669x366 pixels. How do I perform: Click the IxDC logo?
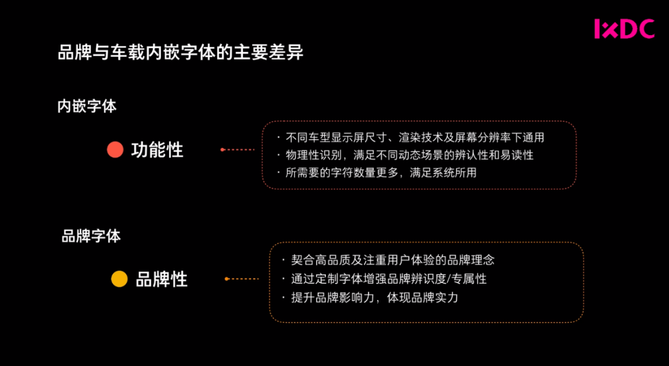(x=624, y=29)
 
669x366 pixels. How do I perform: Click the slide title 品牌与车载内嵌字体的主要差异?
(x=180, y=53)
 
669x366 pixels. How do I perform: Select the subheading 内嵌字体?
(x=87, y=106)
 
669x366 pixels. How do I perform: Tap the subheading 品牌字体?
(x=91, y=236)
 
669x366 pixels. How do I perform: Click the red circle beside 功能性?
(x=115, y=150)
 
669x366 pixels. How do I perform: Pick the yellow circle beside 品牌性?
(x=119, y=279)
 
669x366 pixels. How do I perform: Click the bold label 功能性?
(x=157, y=150)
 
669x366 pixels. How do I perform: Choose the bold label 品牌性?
(x=162, y=279)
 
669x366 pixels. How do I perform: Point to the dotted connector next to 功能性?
(x=238, y=149)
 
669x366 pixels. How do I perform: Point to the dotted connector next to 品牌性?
(x=242, y=279)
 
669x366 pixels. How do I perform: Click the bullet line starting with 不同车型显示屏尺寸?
(x=414, y=137)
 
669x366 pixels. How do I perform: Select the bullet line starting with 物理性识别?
(x=409, y=155)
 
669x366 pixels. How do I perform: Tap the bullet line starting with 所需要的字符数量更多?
(x=380, y=173)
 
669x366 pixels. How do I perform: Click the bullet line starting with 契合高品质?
(x=392, y=261)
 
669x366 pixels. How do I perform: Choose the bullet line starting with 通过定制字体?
(x=388, y=279)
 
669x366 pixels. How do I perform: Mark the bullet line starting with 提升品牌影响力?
(x=374, y=298)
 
